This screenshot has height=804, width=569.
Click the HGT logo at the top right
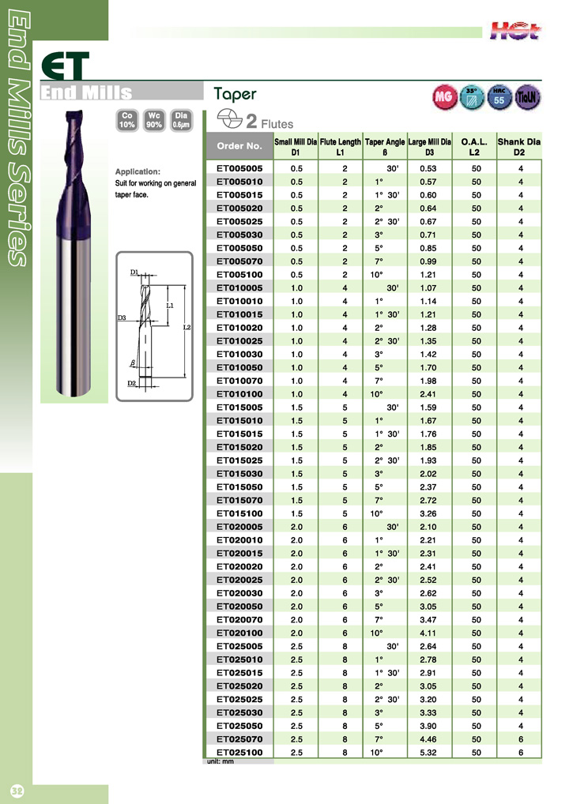[x=518, y=31]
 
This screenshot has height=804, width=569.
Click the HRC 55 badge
[x=499, y=97]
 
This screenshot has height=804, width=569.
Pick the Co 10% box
[x=126, y=119]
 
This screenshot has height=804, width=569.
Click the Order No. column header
[x=239, y=146]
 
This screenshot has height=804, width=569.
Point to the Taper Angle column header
[x=385, y=146]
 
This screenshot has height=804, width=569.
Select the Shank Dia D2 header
[x=519, y=146]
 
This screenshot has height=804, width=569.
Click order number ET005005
[x=239, y=168]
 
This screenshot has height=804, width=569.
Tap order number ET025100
[x=239, y=753]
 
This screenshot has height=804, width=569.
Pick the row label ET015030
[x=239, y=474]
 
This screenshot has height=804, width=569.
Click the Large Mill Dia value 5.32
[x=428, y=753]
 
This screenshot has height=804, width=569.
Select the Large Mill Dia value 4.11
[x=428, y=633]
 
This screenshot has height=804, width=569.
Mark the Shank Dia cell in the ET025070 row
[x=521, y=740]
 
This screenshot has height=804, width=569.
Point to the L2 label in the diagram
[x=187, y=328]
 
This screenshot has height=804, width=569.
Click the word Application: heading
[x=138, y=171]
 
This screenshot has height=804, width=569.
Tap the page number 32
[x=17, y=791]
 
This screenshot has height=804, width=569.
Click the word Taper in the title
[x=235, y=94]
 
